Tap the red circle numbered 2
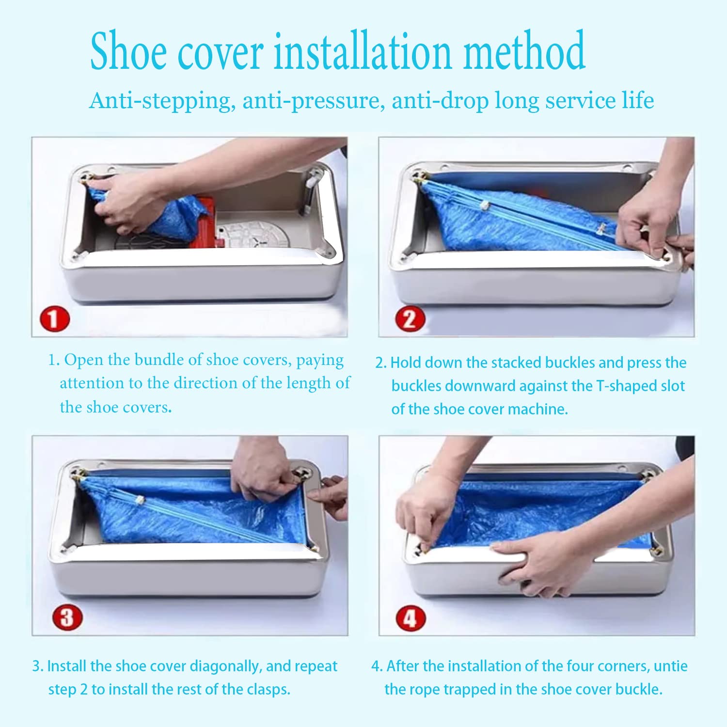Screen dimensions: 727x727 (x=410, y=319)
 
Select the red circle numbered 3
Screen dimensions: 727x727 (x=67, y=617)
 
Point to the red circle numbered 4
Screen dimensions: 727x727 (x=411, y=618)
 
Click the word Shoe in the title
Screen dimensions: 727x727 (x=129, y=51)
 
